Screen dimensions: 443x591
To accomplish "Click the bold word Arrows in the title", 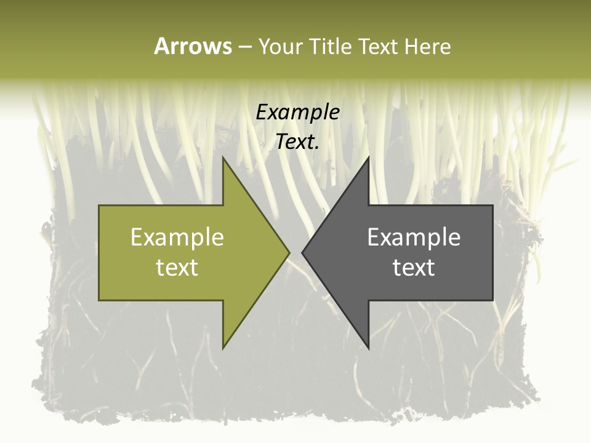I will pyautogui.click(x=193, y=46).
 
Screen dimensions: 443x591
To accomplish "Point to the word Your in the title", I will pyautogui.click(x=280, y=46).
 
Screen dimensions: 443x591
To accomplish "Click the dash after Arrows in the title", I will pyautogui.click(x=244, y=47).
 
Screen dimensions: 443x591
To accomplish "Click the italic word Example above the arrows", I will pyautogui.click(x=298, y=112).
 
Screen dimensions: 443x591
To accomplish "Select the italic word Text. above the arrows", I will pyautogui.click(x=298, y=142).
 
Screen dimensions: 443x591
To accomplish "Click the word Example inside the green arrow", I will pyautogui.click(x=177, y=237).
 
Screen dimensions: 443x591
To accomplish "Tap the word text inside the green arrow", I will pyautogui.click(x=177, y=267).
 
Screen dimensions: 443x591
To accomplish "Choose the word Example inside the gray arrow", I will pyautogui.click(x=414, y=237).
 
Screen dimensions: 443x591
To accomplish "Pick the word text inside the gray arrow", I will pyautogui.click(x=414, y=267).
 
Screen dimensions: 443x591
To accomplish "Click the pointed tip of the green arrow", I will pyautogui.click(x=289, y=252).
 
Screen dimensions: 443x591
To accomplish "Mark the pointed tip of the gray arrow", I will pyautogui.click(x=302, y=252).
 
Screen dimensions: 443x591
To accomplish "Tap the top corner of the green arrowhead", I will pyautogui.click(x=223, y=158).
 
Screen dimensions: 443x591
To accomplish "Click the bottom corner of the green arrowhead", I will pyautogui.click(x=223, y=348).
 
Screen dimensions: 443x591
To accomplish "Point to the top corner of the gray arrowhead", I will pyautogui.click(x=368, y=158).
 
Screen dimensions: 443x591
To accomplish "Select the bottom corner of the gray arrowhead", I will pyautogui.click(x=368, y=348).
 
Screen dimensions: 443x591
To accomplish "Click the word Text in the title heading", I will pyautogui.click(x=378, y=46).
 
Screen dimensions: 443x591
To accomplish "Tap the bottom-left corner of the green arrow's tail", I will pyautogui.click(x=99, y=300).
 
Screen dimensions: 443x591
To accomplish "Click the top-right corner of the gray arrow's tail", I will pyautogui.click(x=492, y=206).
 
